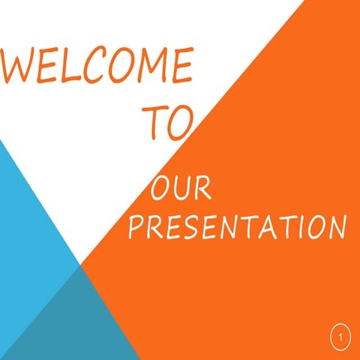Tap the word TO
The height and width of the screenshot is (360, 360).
169,121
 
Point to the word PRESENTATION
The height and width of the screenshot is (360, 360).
236,227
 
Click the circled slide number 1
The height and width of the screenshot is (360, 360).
340,338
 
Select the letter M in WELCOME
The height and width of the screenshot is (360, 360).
153,67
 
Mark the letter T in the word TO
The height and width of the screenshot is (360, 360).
155,121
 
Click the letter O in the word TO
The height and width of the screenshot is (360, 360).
182,122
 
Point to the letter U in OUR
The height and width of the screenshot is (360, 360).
181,189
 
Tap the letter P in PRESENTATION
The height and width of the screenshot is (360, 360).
136,227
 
